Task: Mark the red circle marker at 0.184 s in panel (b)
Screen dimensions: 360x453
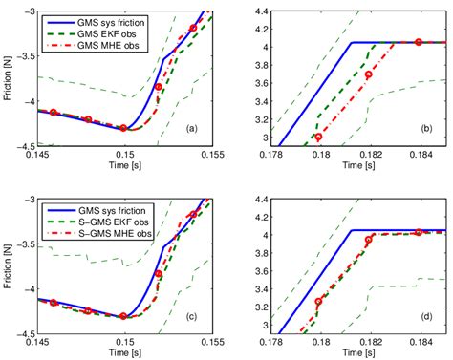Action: (419, 42)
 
